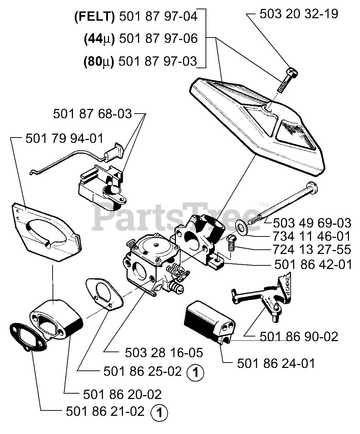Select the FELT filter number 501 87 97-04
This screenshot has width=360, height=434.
pos(157,17)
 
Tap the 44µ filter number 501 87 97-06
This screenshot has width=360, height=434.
pos(157,39)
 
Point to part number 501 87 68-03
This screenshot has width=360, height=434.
pos(93,114)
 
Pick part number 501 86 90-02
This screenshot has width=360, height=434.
pos(299,336)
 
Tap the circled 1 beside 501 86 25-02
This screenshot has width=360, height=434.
pos(195,374)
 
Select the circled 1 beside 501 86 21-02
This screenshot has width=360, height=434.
pos(159,413)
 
